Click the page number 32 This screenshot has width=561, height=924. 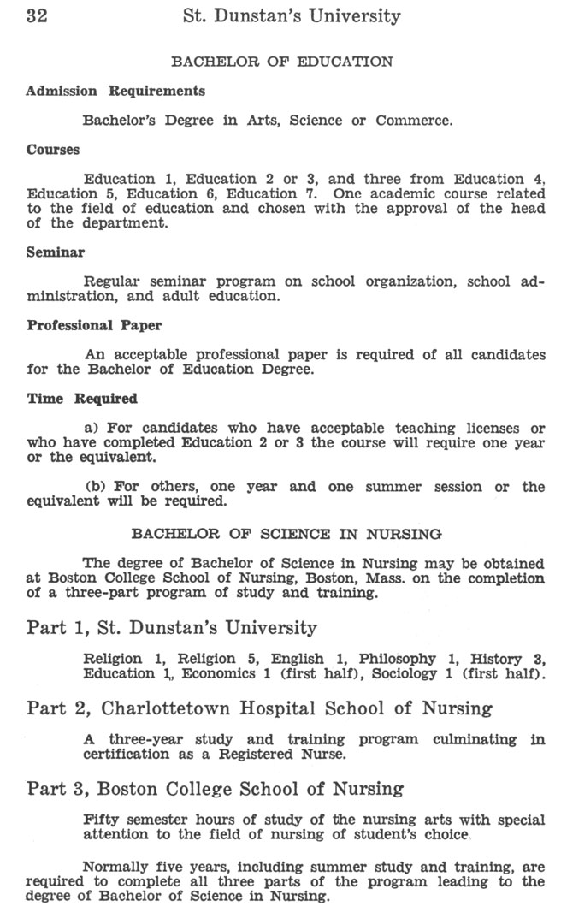point(37,16)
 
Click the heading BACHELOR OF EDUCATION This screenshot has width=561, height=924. point(282,62)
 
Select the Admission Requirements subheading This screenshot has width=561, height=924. point(115,91)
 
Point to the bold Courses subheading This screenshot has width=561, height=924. point(53,150)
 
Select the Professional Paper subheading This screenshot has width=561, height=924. point(94,326)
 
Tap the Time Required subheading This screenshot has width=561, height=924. point(82,399)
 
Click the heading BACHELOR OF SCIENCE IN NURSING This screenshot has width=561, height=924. point(286,534)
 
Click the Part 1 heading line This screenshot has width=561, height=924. point(171,628)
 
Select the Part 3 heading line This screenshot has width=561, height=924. point(215,788)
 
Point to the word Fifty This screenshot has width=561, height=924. point(101,819)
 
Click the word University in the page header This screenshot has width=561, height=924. point(358,16)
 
